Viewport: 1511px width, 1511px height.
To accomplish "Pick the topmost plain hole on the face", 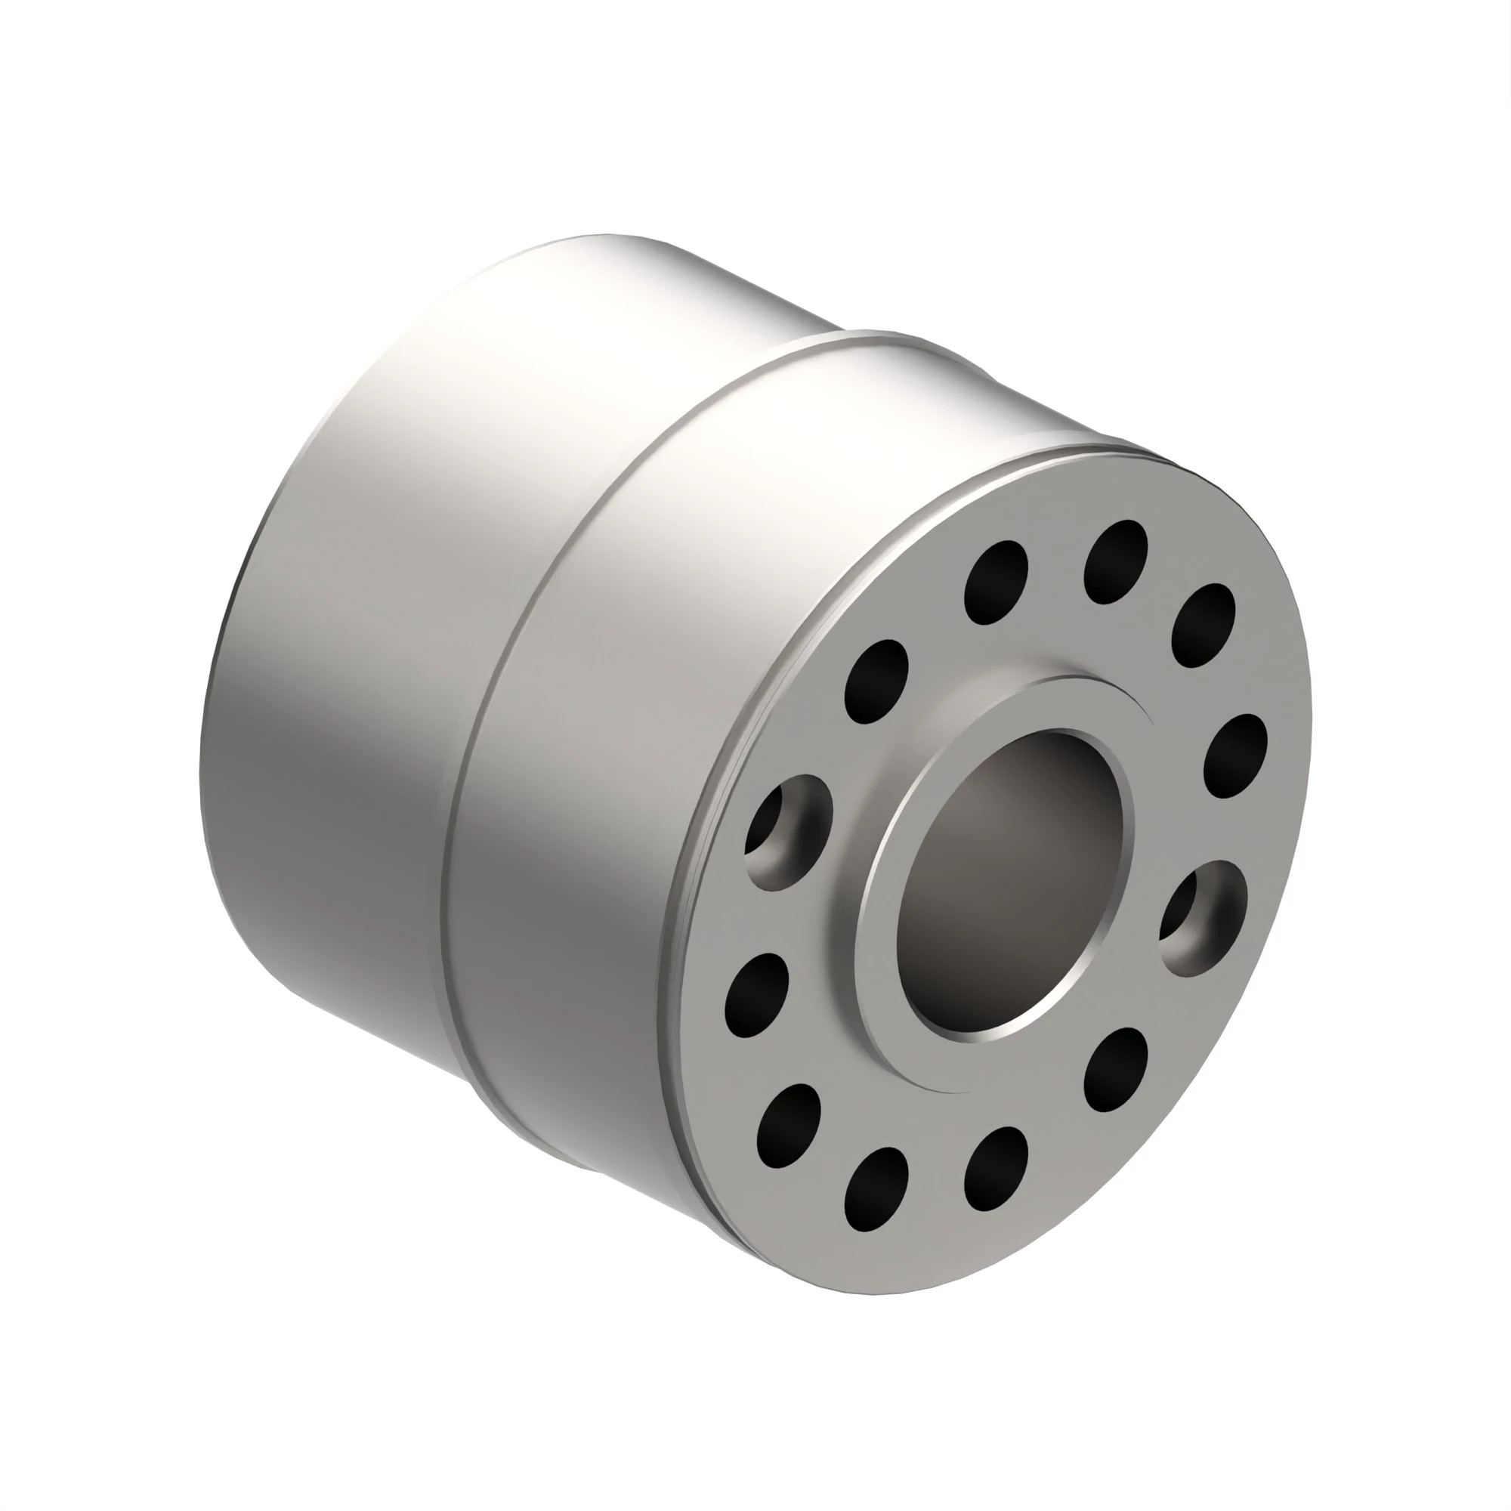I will point(1115,562).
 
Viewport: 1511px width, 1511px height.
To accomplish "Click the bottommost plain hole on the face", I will point(876,1188).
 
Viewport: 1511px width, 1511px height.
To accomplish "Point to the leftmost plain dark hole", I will point(755,995).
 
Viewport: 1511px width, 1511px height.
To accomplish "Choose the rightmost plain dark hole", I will point(1235,755).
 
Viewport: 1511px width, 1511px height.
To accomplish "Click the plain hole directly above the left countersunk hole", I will point(876,681).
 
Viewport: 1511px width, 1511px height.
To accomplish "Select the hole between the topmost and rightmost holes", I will point(1202,626).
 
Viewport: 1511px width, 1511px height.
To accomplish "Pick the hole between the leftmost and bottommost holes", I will point(789,1125).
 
